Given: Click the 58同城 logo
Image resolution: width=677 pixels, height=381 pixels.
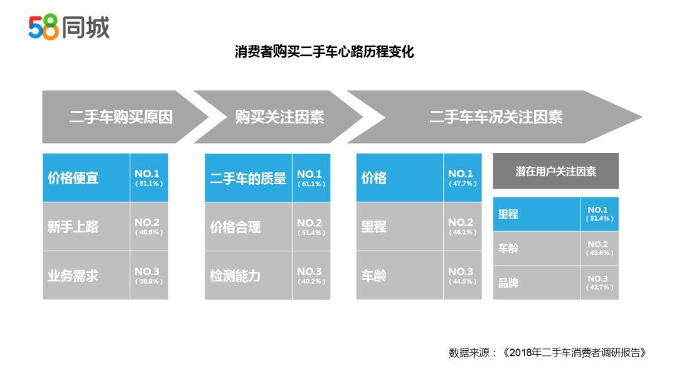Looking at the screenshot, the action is click(69, 27).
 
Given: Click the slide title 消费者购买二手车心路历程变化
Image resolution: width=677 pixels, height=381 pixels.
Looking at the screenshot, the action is click(324, 52).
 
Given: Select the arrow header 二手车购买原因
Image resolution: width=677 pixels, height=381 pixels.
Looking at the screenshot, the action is click(121, 117).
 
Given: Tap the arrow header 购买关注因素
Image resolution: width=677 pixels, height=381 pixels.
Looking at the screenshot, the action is click(280, 117).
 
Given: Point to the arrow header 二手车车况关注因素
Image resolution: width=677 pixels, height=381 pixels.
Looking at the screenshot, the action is click(496, 117).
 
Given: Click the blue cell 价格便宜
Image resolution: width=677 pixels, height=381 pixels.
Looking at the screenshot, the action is click(86, 178).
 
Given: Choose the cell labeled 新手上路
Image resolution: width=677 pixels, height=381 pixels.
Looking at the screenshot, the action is click(86, 226).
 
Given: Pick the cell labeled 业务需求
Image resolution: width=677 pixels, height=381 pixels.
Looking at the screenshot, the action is click(86, 275).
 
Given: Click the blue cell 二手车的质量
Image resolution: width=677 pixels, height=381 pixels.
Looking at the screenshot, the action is click(248, 178).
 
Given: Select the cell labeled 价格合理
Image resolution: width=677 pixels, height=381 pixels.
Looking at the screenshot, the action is click(248, 227).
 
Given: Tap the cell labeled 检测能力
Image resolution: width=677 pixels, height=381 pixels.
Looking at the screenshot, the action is click(248, 276).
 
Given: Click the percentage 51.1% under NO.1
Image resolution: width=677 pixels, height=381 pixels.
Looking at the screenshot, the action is click(149, 184).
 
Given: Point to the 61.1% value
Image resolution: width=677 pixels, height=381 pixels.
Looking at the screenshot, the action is click(312, 184).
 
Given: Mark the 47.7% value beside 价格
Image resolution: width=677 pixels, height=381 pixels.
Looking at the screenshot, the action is click(463, 184).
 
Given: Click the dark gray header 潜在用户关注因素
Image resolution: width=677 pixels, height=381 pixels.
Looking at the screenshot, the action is click(555, 171).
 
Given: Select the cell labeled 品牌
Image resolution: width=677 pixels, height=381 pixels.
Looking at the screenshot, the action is click(537, 283).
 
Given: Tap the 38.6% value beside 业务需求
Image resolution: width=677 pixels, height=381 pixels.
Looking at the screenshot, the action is click(149, 281).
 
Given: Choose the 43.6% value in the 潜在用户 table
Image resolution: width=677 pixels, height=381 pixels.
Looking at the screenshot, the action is click(599, 253).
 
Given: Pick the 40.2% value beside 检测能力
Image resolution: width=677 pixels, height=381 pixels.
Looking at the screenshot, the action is click(312, 282).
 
